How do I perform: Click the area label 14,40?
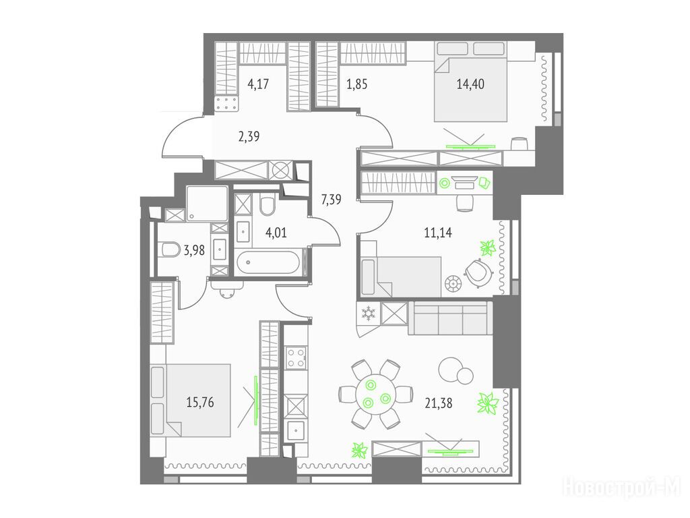[470, 84]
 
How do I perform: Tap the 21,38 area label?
[438, 403]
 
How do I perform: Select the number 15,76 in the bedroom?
[200, 402]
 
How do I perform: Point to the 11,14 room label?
[438, 232]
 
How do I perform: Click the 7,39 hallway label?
[331, 200]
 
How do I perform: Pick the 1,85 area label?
[356, 84]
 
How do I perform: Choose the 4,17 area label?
[258, 84]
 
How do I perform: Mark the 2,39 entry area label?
[249, 136]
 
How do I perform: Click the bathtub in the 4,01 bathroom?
[268, 262]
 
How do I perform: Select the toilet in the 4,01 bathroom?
[267, 204]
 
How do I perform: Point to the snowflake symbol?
[367, 314]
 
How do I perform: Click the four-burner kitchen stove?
[296, 358]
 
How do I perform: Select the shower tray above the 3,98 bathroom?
[206, 204]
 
